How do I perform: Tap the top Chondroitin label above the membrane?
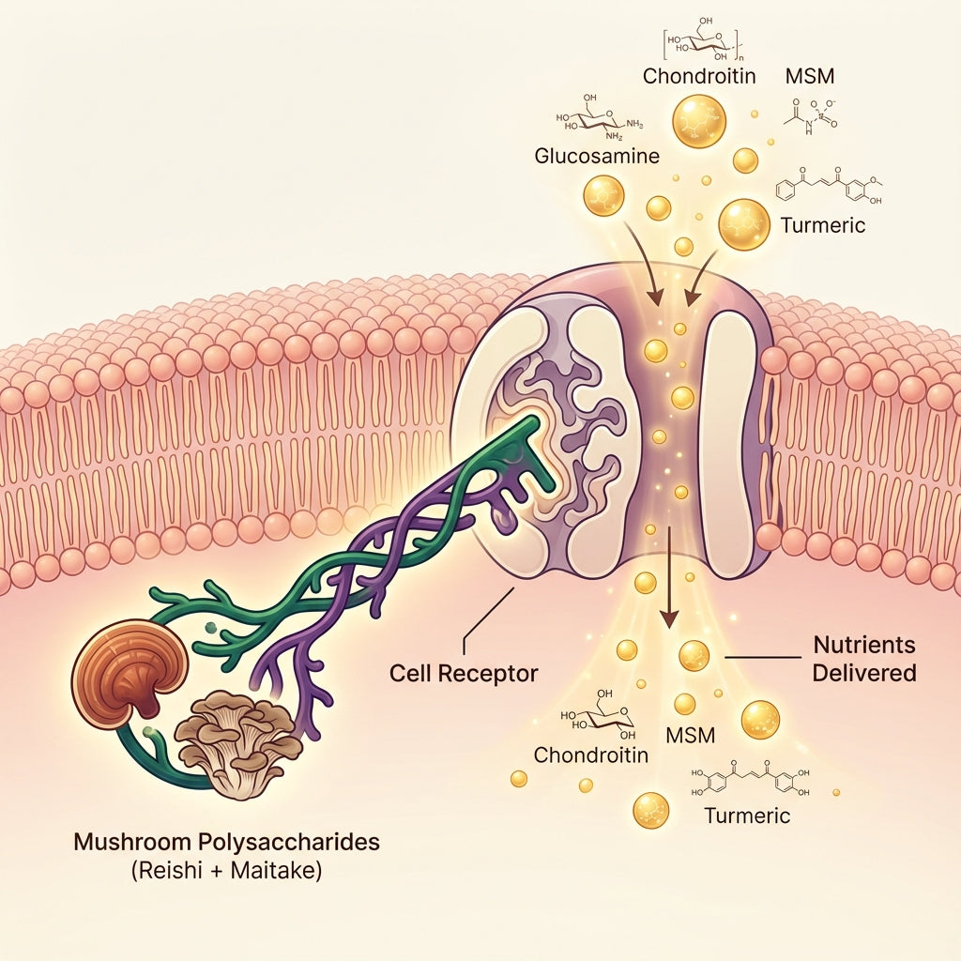[699, 76]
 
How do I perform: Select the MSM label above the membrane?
[808, 76]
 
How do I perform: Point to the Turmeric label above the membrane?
[822, 225]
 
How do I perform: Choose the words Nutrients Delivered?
[864, 660]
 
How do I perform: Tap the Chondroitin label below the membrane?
[590, 755]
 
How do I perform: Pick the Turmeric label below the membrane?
[747, 815]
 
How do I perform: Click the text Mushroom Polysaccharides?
[226, 842]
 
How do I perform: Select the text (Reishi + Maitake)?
[226, 871]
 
